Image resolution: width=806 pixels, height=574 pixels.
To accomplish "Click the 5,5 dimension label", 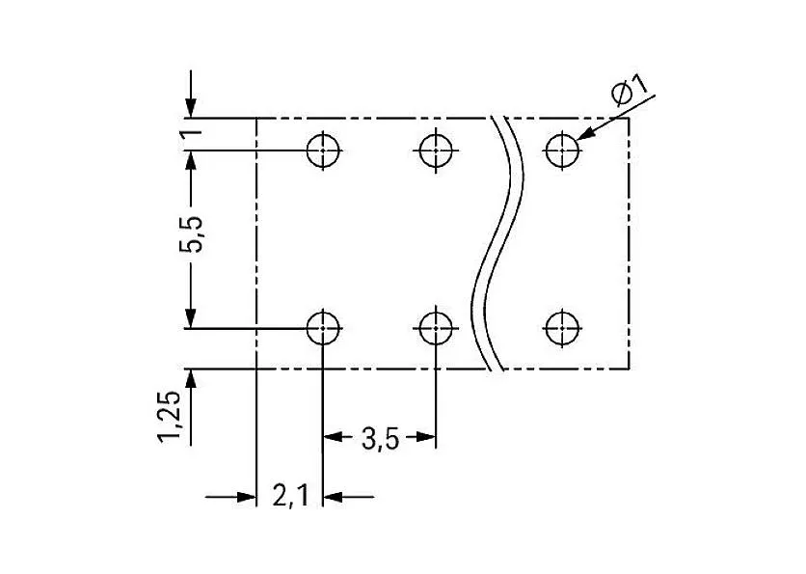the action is (191, 234).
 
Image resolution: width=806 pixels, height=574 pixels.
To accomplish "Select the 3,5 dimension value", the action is (380, 439).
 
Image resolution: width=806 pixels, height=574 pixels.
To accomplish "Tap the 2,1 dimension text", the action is (290, 496).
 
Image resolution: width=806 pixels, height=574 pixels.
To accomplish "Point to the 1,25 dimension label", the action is (170, 417).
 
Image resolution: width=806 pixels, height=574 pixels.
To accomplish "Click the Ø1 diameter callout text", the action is (630, 90).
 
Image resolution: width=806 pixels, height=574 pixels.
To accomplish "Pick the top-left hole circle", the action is (323, 150).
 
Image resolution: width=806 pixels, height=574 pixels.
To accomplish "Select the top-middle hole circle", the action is (436, 150).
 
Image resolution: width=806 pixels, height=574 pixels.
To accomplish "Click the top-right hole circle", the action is (562, 150).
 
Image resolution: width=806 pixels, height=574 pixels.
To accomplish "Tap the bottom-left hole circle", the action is (323, 328).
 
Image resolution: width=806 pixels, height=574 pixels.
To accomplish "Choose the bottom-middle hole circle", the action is (436, 328).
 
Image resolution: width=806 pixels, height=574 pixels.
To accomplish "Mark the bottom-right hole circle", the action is (562, 328).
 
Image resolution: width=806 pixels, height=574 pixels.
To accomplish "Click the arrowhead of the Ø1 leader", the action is (586, 134).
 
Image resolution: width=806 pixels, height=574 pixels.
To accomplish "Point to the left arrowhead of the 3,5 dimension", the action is (333, 437).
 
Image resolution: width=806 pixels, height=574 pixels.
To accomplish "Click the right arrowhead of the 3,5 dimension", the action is (425, 437).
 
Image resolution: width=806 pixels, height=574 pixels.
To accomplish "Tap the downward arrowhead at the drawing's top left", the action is (191, 108).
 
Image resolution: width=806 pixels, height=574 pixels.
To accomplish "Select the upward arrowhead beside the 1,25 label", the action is (191, 379).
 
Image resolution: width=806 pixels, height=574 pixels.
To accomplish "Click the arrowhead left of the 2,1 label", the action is (246, 497).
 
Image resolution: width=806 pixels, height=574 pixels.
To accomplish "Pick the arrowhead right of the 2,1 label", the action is (333, 497).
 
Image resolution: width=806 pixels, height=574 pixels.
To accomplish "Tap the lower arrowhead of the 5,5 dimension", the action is (191, 317).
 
